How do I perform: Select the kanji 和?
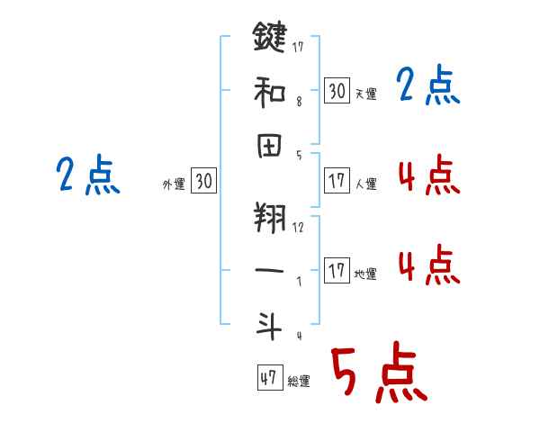pos(269,90)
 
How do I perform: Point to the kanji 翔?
pos(269,218)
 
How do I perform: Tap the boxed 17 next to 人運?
pos(337,180)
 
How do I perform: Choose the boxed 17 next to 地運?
pos(337,270)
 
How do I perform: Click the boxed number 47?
pos(268,378)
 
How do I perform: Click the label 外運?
pos(174,184)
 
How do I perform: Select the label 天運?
pos(365,94)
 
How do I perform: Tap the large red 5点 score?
pos(377,374)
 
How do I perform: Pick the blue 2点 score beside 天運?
pos(428,86)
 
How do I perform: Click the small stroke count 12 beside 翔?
pos(298,227)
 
